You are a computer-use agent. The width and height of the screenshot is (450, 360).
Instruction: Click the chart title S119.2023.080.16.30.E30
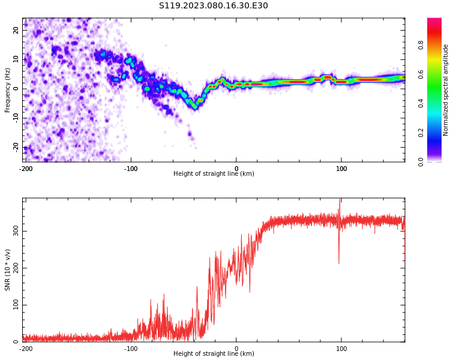click(x=214, y=6)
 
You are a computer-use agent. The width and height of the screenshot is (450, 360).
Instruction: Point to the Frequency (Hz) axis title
click(x=8, y=90)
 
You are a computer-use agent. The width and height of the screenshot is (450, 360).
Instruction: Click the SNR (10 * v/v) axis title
click(x=8, y=270)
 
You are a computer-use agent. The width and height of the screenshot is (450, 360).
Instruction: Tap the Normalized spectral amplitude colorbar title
click(x=446, y=90)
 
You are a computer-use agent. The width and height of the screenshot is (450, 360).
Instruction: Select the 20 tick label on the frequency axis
click(x=16, y=30)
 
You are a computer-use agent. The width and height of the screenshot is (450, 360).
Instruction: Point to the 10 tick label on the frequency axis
click(x=16, y=59)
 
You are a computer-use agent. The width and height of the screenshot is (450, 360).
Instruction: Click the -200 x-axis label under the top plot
click(x=25, y=169)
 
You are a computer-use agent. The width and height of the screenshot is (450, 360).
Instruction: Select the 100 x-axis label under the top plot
click(x=341, y=169)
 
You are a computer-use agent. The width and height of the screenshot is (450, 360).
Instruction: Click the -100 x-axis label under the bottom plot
click(x=131, y=349)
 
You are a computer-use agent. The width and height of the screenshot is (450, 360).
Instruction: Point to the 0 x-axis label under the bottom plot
click(x=236, y=349)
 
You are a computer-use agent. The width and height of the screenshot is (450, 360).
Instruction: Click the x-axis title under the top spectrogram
click(x=214, y=174)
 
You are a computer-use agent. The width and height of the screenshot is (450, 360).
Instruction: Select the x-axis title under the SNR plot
click(x=214, y=354)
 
